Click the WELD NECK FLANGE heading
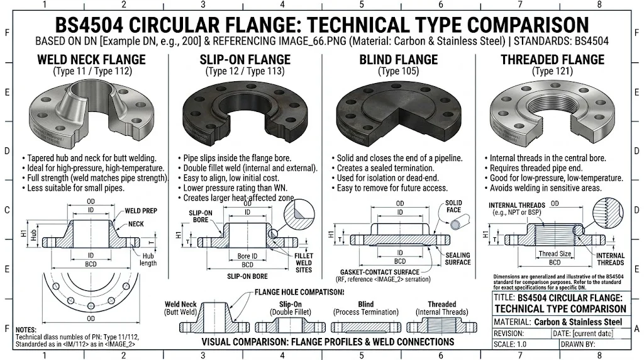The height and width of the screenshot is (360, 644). [x=91, y=60]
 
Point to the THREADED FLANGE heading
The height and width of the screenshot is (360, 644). [x=552, y=60]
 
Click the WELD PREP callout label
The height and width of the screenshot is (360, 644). [x=141, y=211]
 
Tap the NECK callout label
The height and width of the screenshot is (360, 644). [x=135, y=224]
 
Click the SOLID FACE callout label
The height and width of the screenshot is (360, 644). [x=453, y=206]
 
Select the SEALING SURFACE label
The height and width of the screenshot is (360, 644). [x=458, y=259]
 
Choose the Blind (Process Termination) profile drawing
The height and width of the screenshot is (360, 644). [x=365, y=327]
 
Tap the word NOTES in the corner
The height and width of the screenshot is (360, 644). [x=26, y=330]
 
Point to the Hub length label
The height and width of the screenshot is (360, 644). [x=148, y=259]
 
